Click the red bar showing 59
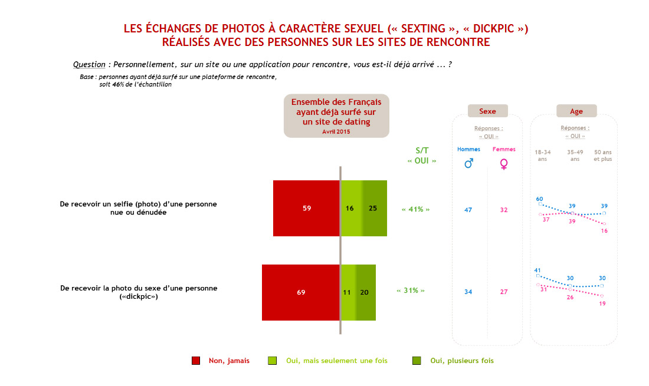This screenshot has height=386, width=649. click(306, 208)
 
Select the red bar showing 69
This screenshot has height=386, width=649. click(301, 292)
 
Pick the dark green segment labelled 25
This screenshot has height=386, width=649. click(374, 208)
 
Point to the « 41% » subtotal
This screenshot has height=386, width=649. click(415, 209)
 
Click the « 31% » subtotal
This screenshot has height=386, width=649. click(411, 291)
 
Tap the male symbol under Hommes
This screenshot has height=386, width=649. click(469, 164)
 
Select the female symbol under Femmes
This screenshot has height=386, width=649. click(504, 164)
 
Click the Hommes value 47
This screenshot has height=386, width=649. click(468, 210)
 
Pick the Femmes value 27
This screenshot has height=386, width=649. click(503, 292)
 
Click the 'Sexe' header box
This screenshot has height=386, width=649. click(487, 111)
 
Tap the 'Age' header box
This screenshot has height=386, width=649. click(576, 111)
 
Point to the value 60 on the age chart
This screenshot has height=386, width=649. click(539, 199)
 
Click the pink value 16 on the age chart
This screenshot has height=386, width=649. click(604, 231)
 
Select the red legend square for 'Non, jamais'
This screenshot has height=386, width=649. click(196, 361)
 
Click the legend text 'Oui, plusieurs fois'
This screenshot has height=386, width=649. click(461, 361)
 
